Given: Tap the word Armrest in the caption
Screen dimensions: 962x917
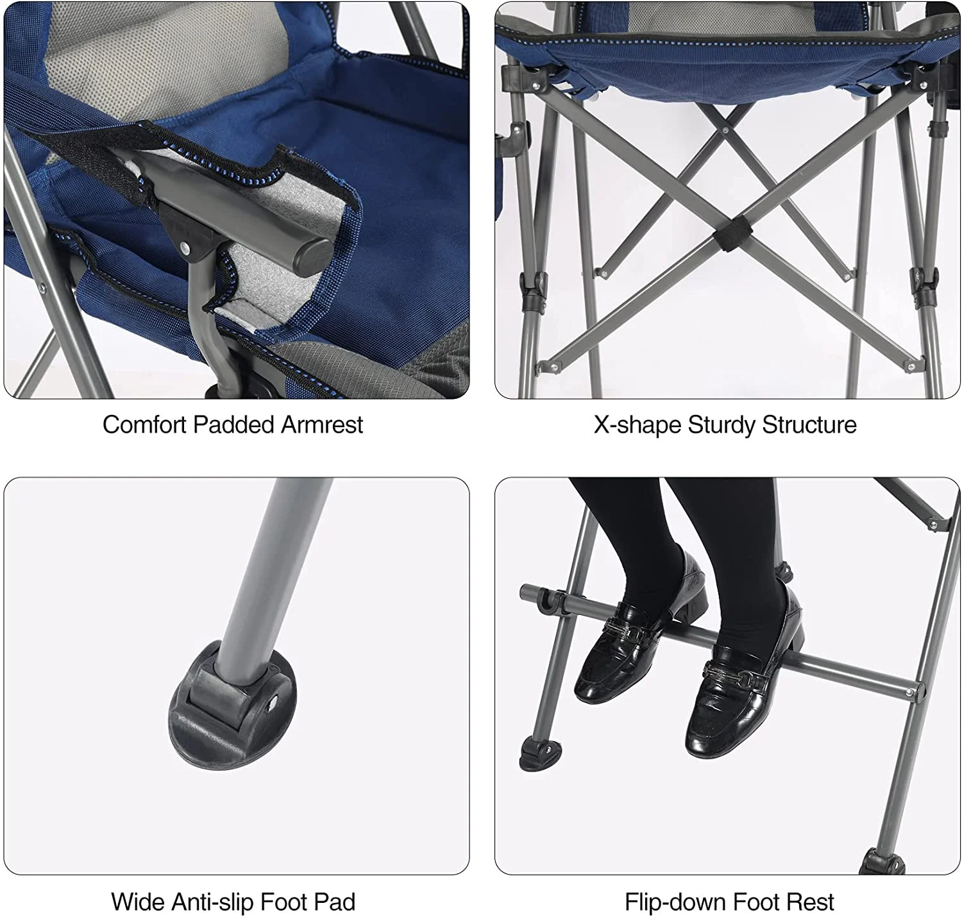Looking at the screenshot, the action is tap(321, 425).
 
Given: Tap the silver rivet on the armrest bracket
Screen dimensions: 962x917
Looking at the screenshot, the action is tap(185, 248).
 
